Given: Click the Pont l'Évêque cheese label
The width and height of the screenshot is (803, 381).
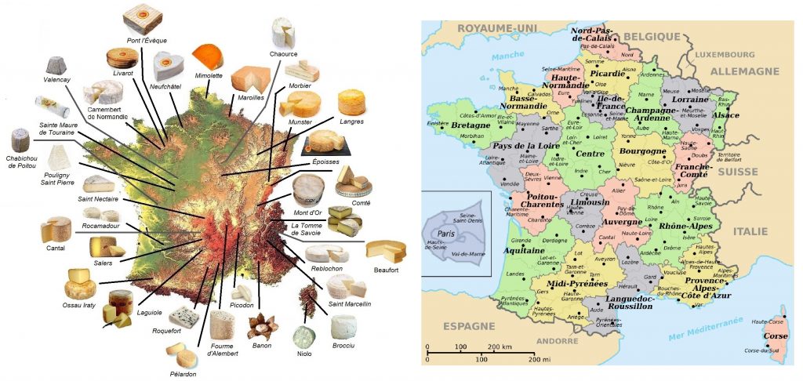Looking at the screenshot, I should (146, 41).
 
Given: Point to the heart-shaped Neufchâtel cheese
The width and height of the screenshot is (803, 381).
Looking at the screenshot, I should (169, 66).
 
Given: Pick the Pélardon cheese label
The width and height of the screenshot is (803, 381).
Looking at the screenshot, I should (182, 374).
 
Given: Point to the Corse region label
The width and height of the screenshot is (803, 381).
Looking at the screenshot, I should (776, 336).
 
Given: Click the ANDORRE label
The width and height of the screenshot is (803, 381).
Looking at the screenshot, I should (557, 340).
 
